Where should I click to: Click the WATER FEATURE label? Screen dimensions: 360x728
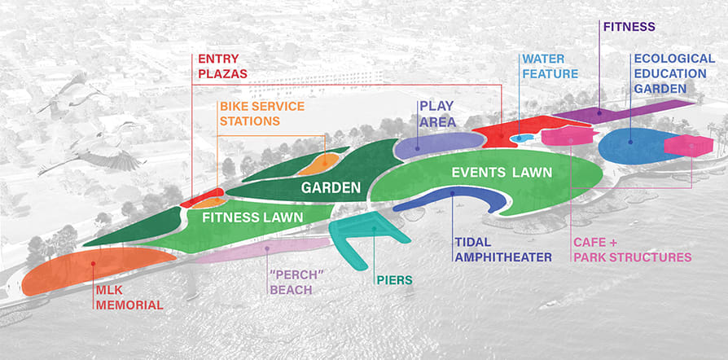pos(554,67)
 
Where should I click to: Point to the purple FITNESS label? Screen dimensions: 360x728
pos(629,27)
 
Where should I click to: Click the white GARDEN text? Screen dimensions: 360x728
pos(331,188)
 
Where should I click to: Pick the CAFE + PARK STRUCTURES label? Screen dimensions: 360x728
pos(632,250)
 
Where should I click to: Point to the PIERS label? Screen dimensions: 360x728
pos(394,281)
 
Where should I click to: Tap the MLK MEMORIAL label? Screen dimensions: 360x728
pos(128,298)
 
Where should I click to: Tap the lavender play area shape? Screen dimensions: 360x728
pos(436,144)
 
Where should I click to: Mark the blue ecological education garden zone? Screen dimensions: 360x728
pos(631,145)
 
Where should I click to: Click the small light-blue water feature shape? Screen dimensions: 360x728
pos(519,139)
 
